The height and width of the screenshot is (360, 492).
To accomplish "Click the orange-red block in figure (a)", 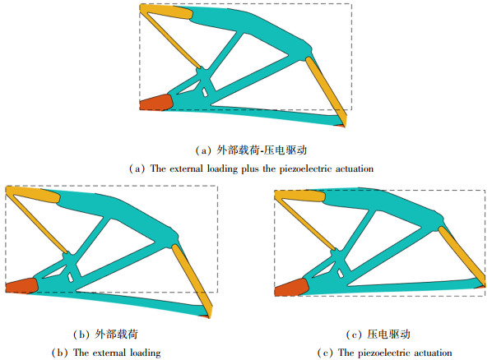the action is [x=155, y=102].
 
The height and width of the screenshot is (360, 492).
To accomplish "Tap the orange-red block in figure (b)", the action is [x=21, y=285].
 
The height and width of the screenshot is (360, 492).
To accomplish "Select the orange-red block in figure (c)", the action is [x=291, y=287].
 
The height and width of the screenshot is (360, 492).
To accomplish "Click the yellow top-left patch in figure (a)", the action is [x=166, y=12].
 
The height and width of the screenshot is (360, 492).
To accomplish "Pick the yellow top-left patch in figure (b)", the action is [x=33, y=194].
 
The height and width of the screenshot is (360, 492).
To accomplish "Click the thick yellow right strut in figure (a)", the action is [x=327, y=91].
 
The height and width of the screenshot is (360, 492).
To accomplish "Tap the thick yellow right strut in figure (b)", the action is [x=192, y=280].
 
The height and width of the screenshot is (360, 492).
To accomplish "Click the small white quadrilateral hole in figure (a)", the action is [x=205, y=92].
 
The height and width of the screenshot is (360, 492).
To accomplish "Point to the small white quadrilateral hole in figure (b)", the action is [x=71, y=278].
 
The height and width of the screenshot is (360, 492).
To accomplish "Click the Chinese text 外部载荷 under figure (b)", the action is [x=116, y=335].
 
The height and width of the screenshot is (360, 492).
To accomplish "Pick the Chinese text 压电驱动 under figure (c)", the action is [x=389, y=335].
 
